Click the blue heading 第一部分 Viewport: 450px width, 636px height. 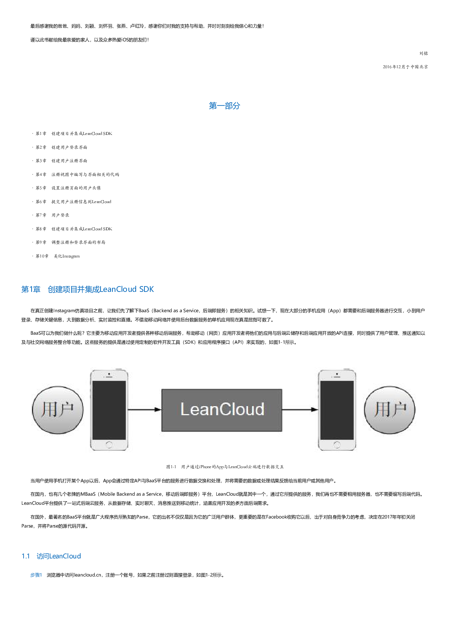(x=224, y=106)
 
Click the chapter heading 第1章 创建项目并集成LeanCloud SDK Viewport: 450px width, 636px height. (x=87, y=289)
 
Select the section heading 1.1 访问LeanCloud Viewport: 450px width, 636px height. (x=51, y=556)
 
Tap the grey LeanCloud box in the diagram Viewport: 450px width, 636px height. (x=222, y=410)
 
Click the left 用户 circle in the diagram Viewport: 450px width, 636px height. (x=58, y=410)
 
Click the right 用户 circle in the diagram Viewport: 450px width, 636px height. (x=389, y=410)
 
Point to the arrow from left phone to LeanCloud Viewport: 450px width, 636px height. (x=144, y=410)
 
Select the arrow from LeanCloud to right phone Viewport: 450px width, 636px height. (x=300, y=410)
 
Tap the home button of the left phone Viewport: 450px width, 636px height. (x=109, y=445)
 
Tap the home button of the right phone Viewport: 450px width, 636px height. (x=337, y=445)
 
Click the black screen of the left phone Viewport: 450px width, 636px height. (x=109, y=410)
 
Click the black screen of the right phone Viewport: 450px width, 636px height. (x=337, y=410)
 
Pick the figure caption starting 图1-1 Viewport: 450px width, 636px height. (x=225, y=467)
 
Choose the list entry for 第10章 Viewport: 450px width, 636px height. (x=57, y=256)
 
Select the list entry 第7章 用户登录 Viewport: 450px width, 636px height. (x=52, y=215)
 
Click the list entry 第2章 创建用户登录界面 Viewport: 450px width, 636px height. (x=61, y=147)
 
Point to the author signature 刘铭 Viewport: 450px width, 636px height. (x=424, y=53)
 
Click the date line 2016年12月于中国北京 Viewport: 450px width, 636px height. (x=405, y=67)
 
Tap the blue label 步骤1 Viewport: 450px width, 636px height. (x=36, y=575)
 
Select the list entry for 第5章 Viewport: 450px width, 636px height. (x=68, y=188)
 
